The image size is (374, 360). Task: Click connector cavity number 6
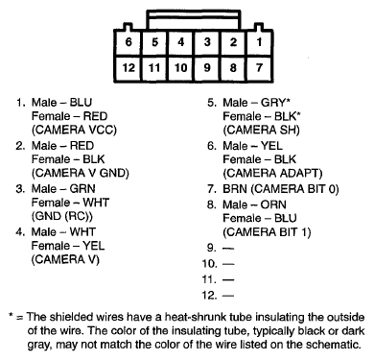pyautogui.click(x=129, y=42)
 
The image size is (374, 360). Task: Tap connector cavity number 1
pyautogui.click(x=259, y=42)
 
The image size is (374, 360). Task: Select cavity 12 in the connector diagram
pyautogui.click(x=129, y=68)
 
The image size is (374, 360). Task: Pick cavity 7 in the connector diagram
pyautogui.click(x=259, y=68)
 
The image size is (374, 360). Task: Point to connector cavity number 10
pyautogui.click(x=180, y=68)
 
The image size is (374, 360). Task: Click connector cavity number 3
pyautogui.click(x=207, y=42)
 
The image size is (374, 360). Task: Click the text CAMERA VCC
pyautogui.click(x=74, y=130)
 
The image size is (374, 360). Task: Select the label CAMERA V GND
pyautogui.click(x=81, y=173)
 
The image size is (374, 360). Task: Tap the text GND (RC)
pyautogui.click(x=62, y=216)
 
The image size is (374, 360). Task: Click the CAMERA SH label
pyautogui.click(x=261, y=130)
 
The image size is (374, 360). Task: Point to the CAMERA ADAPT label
pyautogui.click(x=272, y=173)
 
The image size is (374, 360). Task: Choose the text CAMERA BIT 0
pyautogui.click(x=294, y=189)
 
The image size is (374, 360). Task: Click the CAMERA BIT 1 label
pyautogui.click(x=267, y=232)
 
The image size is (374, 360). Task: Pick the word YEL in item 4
pyautogui.click(x=93, y=246)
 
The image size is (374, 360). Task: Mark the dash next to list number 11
pyautogui.click(x=228, y=279)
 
